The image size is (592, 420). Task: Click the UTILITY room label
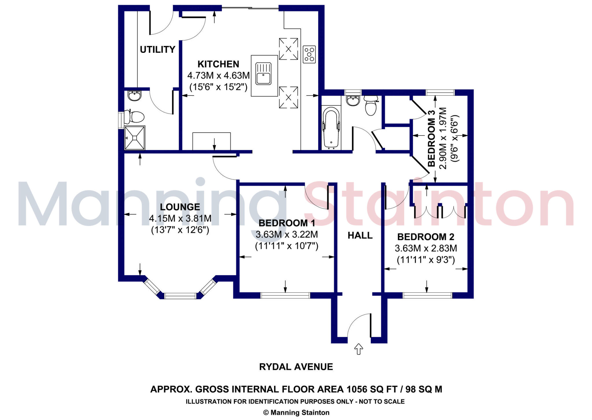[158, 50]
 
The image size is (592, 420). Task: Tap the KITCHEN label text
[218, 64]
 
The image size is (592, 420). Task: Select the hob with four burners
[309, 54]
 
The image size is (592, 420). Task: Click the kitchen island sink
[263, 75]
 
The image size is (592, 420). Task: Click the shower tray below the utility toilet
[134, 138]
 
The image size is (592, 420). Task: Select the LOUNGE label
[180, 207]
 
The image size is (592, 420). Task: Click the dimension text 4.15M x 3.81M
[180, 219]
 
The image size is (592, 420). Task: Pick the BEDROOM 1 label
[286, 223]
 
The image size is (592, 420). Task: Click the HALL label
[360, 236]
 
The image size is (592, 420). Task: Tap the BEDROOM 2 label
[425, 237]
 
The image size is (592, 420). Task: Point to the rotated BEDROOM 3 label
[431, 139]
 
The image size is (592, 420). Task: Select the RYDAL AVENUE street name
[296, 367]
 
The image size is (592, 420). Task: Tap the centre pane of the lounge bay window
[180, 296]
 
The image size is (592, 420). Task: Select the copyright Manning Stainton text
[296, 412]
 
